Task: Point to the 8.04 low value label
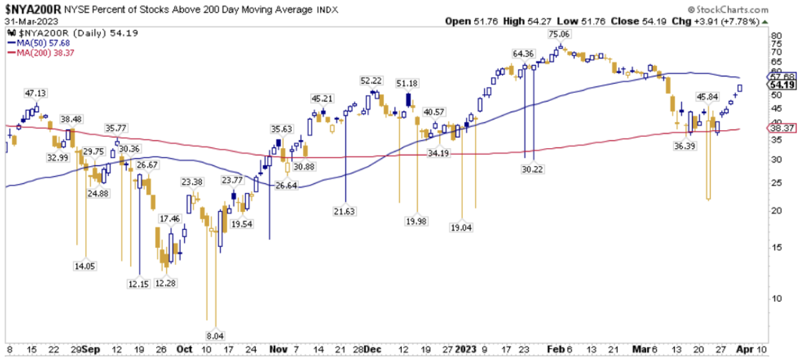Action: click(215, 336)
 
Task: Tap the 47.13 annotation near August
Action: click(35, 93)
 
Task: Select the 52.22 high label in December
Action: click(373, 80)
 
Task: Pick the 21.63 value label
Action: click(345, 211)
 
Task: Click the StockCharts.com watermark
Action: click(733, 10)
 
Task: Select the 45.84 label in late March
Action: click(707, 97)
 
